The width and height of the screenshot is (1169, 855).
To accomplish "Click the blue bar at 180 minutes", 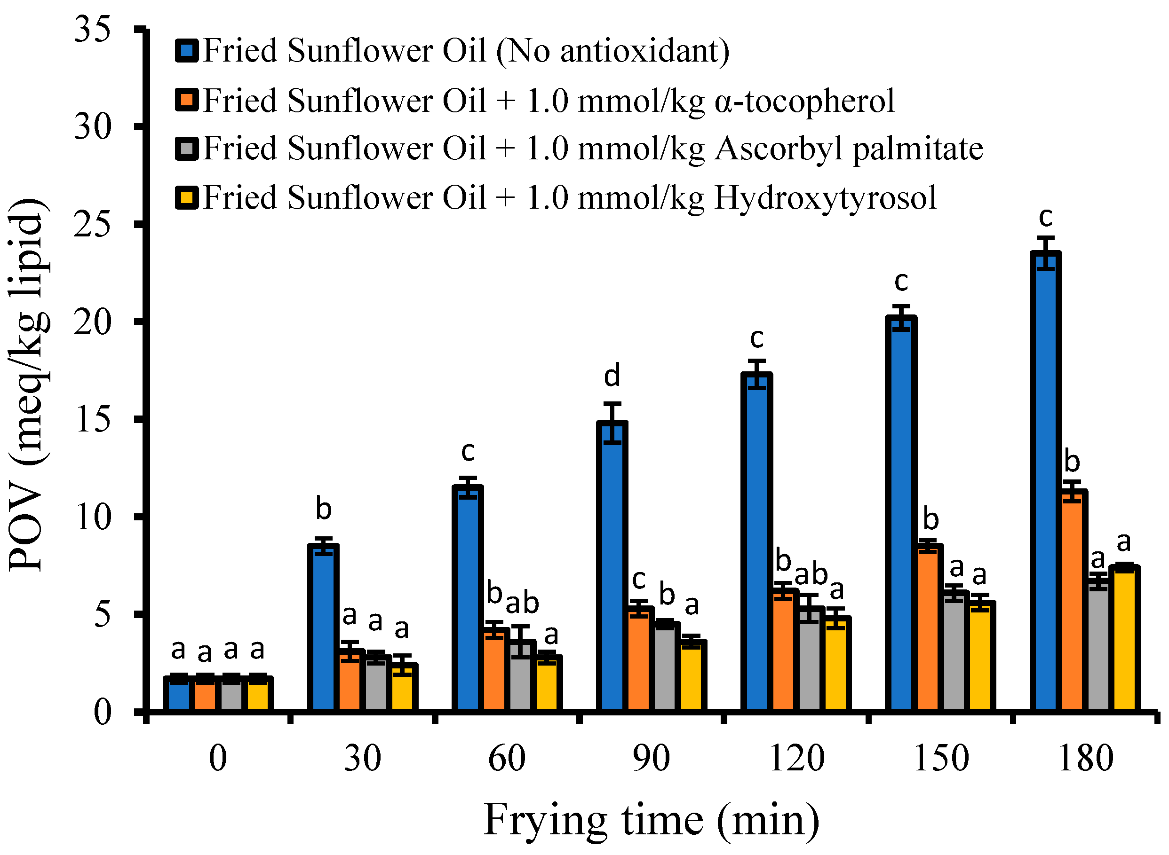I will [1045, 481].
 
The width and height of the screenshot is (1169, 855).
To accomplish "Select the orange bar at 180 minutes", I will [1072, 600].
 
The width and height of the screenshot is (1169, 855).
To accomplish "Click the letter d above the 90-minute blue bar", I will [612, 376].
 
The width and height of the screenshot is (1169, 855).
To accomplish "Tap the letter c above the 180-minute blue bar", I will [1045, 217].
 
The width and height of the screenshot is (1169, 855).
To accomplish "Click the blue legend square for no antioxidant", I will [186, 51].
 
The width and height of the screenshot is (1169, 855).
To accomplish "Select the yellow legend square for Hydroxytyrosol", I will [186, 198].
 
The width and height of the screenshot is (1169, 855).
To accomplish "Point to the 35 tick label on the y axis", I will [92, 29].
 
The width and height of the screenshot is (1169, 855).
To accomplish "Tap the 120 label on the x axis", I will [796, 759].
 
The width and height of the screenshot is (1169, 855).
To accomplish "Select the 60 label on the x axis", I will [507, 759].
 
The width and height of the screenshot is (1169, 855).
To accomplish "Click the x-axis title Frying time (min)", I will [652, 821].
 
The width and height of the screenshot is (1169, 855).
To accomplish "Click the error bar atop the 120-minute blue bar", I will [757, 374].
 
